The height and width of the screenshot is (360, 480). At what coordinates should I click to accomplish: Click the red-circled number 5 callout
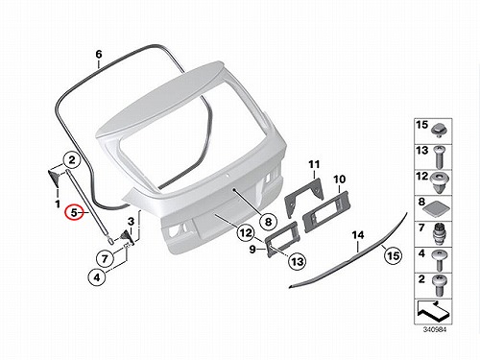click(x=74, y=212)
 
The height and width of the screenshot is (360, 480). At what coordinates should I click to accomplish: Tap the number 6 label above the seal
click(x=99, y=55)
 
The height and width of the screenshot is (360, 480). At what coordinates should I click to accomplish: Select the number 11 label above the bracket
click(x=314, y=165)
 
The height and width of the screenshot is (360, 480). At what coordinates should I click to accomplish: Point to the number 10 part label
click(x=340, y=180)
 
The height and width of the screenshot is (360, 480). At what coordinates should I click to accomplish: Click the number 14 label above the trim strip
click(x=358, y=235)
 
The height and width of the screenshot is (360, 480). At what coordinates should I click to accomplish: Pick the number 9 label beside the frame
click(x=252, y=249)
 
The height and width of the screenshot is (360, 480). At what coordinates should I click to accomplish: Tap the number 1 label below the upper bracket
click(x=58, y=204)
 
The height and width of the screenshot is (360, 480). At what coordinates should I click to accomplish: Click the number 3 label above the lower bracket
click(x=131, y=221)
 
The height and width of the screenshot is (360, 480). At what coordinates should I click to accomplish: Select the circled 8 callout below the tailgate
click(x=268, y=222)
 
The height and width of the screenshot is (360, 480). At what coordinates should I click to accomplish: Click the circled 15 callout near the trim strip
click(x=393, y=255)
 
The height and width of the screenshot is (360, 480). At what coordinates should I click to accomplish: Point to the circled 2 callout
click(x=72, y=159)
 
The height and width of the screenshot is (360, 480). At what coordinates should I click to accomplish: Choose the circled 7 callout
click(x=105, y=258)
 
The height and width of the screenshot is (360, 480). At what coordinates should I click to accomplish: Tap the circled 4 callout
click(x=97, y=277)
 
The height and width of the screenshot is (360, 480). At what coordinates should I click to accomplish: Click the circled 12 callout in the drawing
click(x=246, y=233)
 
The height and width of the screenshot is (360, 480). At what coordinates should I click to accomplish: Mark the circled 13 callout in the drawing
click(x=298, y=261)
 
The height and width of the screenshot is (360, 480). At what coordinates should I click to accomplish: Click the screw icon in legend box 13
click(x=439, y=157)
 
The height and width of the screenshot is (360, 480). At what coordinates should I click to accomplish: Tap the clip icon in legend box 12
click(x=440, y=182)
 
